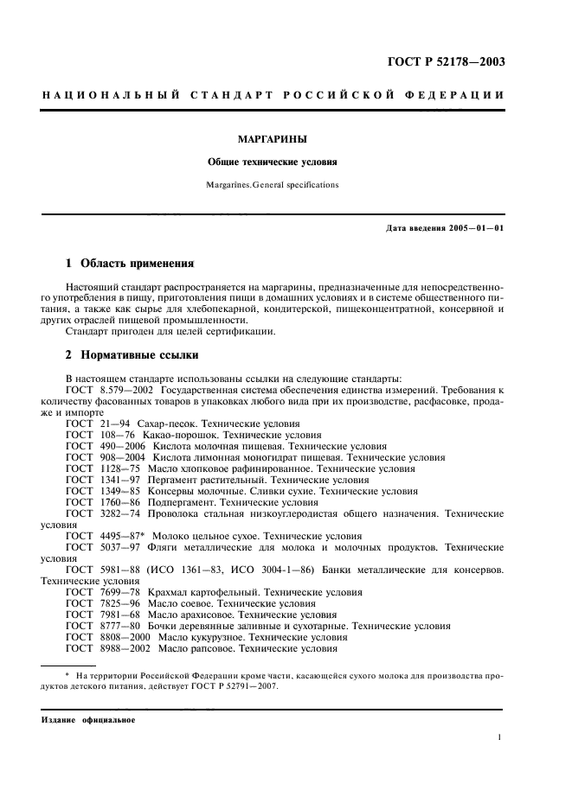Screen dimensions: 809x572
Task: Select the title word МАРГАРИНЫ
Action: coord(273,137)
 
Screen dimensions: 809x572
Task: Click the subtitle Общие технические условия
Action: coord(272,162)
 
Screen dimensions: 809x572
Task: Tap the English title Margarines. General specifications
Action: coord(272,184)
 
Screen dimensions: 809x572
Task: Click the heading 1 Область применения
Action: coord(129,263)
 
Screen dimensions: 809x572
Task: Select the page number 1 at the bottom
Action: coord(500,738)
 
